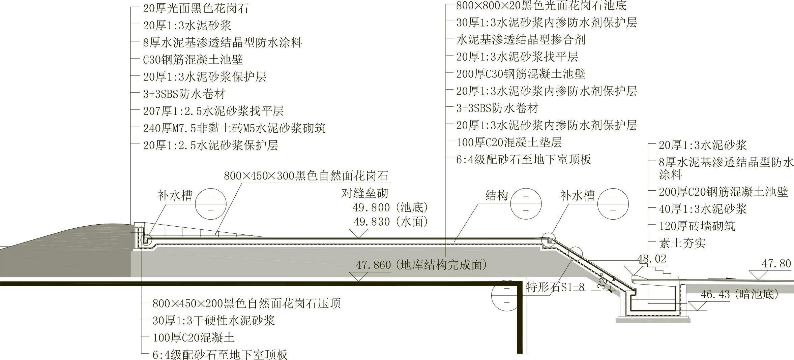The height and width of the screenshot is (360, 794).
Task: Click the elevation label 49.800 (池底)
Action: coord(390,207)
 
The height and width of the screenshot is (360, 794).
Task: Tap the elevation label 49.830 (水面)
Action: coord(390,222)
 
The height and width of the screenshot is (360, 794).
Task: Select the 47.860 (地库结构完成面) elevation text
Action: coord(421,265)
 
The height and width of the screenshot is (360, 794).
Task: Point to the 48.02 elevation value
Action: coord(652,259)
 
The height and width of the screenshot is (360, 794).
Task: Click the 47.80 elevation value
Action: coord(776,264)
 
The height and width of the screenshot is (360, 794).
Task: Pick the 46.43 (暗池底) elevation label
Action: coord(740,294)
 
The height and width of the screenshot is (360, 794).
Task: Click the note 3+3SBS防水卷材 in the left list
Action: coord(184,94)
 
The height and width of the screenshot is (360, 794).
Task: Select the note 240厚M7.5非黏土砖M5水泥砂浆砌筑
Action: coord(234,128)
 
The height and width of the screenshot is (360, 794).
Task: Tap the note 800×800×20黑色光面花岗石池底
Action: coord(541,6)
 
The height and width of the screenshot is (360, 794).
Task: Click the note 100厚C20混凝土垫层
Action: coord(509,142)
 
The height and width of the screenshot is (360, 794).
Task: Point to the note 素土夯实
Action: coord(682,243)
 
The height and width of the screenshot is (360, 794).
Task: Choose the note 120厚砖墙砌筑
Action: coord(697,226)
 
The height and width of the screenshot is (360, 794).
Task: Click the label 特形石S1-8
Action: coord(555,287)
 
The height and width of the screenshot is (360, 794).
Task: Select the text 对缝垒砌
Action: coord(365,193)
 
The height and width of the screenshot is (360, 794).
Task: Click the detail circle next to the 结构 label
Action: coord(526,204)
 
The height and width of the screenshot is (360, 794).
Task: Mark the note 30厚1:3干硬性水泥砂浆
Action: coord(213,320)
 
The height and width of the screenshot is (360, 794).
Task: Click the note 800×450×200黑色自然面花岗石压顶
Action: coord(246,303)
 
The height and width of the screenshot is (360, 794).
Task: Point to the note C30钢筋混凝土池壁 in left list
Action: coord(193,60)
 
